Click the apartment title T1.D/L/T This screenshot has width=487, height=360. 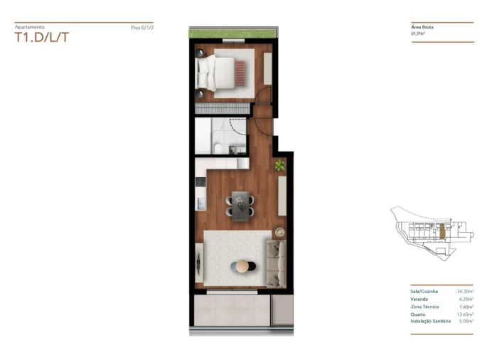(x=42, y=37)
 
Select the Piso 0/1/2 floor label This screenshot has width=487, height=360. (x=142, y=28)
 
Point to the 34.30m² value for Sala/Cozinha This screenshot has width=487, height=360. (x=464, y=291)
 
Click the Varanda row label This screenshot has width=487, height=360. (x=420, y=298)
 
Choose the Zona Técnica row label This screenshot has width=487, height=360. (x=424, y=306)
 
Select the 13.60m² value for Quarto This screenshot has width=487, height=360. (x=464, y=313)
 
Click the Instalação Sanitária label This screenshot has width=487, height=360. (x=430, y=321)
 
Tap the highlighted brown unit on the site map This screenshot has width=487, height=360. (x=441, y=231)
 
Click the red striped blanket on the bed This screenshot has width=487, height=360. (x=240, y=73)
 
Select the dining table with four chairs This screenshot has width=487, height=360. (x=240, y=203)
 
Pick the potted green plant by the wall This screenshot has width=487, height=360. (x=280, y=166)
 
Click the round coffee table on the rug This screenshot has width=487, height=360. (x=243, y=266)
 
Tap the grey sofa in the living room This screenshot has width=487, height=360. (x=276, y=263)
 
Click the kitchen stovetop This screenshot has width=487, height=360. (x=200, y=183)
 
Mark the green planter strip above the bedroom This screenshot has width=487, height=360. (x=232, y=33)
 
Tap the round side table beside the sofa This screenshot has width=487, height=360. (x=279, y=231)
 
